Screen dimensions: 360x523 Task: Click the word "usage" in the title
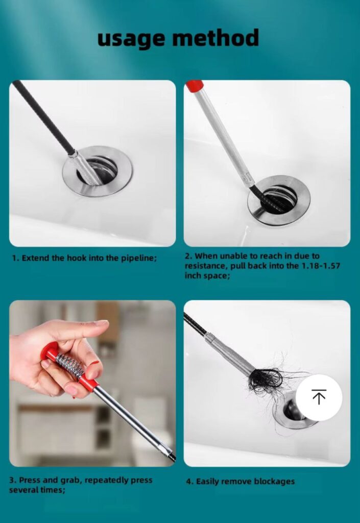coord(131,38)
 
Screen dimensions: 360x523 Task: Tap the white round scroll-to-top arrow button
coord(319,397)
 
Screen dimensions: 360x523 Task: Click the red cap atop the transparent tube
coord(195,85)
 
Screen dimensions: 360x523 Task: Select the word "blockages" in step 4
coord(274,481)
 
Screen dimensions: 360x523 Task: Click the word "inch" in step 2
coord(192,275)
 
